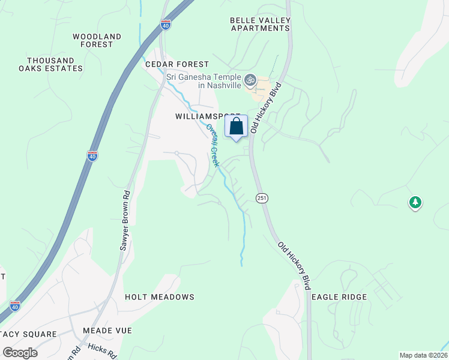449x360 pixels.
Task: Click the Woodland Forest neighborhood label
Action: click(97, 40)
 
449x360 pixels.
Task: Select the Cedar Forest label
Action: click(176, 64)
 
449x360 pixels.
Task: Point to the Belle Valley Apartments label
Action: click(260, 24)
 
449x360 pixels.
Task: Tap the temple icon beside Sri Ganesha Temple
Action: click(250, 79)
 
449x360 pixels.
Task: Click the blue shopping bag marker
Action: click(236, 127)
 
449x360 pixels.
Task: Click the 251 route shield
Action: click(261, 197)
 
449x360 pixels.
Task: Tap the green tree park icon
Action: click(415, 203)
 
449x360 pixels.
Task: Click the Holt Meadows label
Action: click(160, 297)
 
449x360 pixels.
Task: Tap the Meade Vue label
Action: click(107, 331)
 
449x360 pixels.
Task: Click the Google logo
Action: click(20, 352)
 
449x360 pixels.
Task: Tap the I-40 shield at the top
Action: click(166, 25)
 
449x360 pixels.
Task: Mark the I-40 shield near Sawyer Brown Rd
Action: click(92, 156)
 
